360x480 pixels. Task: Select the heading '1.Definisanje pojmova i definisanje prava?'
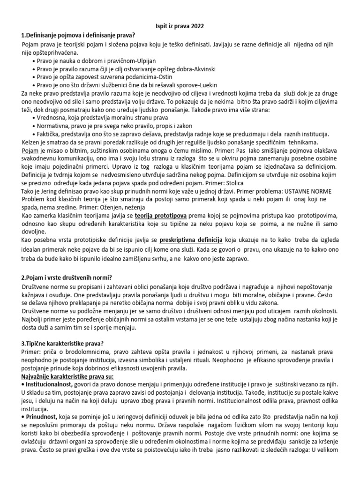click(77, 35)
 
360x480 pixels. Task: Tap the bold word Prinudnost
click(42, 419)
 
